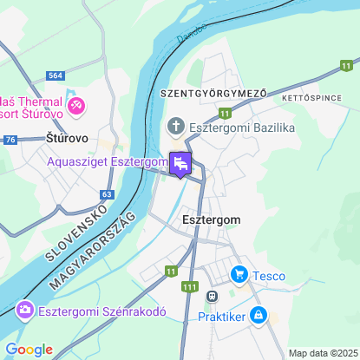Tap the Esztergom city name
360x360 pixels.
pos(212,220)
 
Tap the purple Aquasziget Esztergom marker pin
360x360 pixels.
pos(180,162)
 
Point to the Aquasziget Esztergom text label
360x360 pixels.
pos(108,162)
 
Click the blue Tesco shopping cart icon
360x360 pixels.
pos(239,276)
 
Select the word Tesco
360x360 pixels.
pos(269,276)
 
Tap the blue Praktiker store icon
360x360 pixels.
pos(259,315)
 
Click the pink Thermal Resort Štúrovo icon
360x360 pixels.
pos(77,106)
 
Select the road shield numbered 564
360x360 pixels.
pos(56,76)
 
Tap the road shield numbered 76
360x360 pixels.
pos(10,140)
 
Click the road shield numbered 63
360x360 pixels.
pos(107,194)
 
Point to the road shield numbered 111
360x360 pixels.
pos(190,286)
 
